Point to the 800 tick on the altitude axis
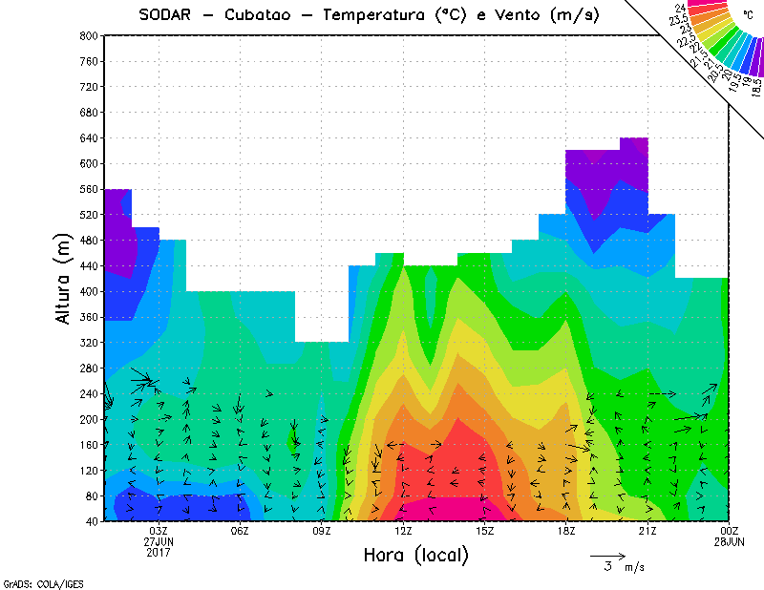tap(87, 35)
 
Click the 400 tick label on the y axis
tap(87, 291)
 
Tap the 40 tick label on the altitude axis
tap(90, 521)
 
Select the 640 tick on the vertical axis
tap(87, 137)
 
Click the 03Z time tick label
tap(159, 531)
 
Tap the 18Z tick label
tap(566, 531)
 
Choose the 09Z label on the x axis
tap(322, 531)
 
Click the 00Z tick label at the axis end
tap(730, 531)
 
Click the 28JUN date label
tap(730, 541)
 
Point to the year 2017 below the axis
tap(159, 552)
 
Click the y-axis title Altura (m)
tap(64, 280)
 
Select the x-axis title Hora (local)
tap(415, 556)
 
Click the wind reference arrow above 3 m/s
tap(607, 555)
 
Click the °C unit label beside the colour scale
tap(749, 15)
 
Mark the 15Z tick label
tap(485, 531)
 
